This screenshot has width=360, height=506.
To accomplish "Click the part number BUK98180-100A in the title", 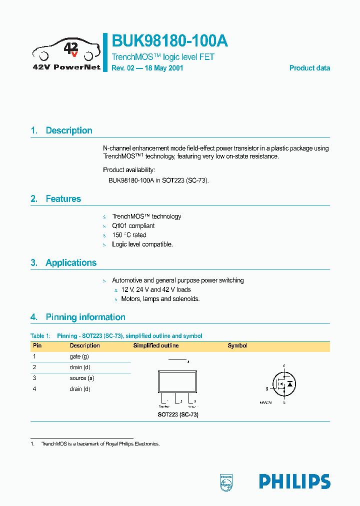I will click(170, 41).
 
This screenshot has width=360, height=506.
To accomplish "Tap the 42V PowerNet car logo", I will click(66, 52).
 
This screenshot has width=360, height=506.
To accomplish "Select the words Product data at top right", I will click(309, 68).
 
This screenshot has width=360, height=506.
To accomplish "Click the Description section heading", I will click(68, 130).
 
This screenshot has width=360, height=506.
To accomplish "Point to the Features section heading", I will click(63, 199).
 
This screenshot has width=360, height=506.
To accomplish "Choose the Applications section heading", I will click(71, 263).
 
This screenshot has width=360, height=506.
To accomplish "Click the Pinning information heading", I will click(85, 317).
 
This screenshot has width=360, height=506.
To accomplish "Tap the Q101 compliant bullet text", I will click(133, 226).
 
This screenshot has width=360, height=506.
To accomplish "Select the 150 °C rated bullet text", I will click(129, 235).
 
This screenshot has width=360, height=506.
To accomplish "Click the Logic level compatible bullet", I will click(142, 244).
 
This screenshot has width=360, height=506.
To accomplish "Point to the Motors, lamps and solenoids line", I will click(160, 299).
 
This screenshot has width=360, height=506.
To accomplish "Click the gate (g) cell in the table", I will click(79, 356).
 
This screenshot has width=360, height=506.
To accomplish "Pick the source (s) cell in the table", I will click(82, 378).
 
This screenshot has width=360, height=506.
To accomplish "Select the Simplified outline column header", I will click(155, 345).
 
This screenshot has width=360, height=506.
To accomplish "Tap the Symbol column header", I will click(237, 345).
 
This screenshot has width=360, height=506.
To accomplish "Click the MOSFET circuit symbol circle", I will click(283, 384).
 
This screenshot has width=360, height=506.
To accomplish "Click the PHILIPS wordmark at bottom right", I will click(294, 481).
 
